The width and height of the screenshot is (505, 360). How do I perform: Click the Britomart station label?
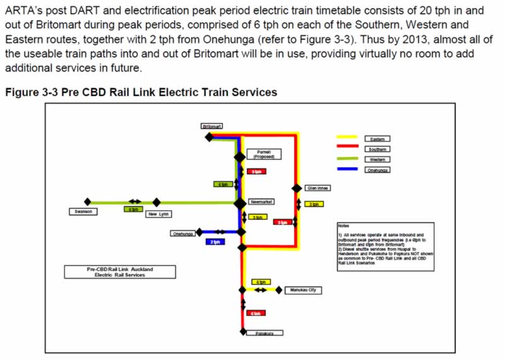pos(212,126)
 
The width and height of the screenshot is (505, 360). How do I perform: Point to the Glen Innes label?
pos(318,188)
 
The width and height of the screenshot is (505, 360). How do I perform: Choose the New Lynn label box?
pos(160,214)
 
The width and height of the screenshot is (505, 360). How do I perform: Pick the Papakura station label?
pos(264,333)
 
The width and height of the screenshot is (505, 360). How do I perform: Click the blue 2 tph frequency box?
pos(215,241)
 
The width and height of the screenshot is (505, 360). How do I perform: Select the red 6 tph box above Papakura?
pos(256,313)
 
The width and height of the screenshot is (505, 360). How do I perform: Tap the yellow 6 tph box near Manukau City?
pos(260,282)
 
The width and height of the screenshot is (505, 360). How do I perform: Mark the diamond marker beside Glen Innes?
pos(296,188)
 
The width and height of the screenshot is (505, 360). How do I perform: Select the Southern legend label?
pos(379,149)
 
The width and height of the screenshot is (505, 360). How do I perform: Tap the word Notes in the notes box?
pos(343,225)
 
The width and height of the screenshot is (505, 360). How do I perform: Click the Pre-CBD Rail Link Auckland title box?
pos(120,272)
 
